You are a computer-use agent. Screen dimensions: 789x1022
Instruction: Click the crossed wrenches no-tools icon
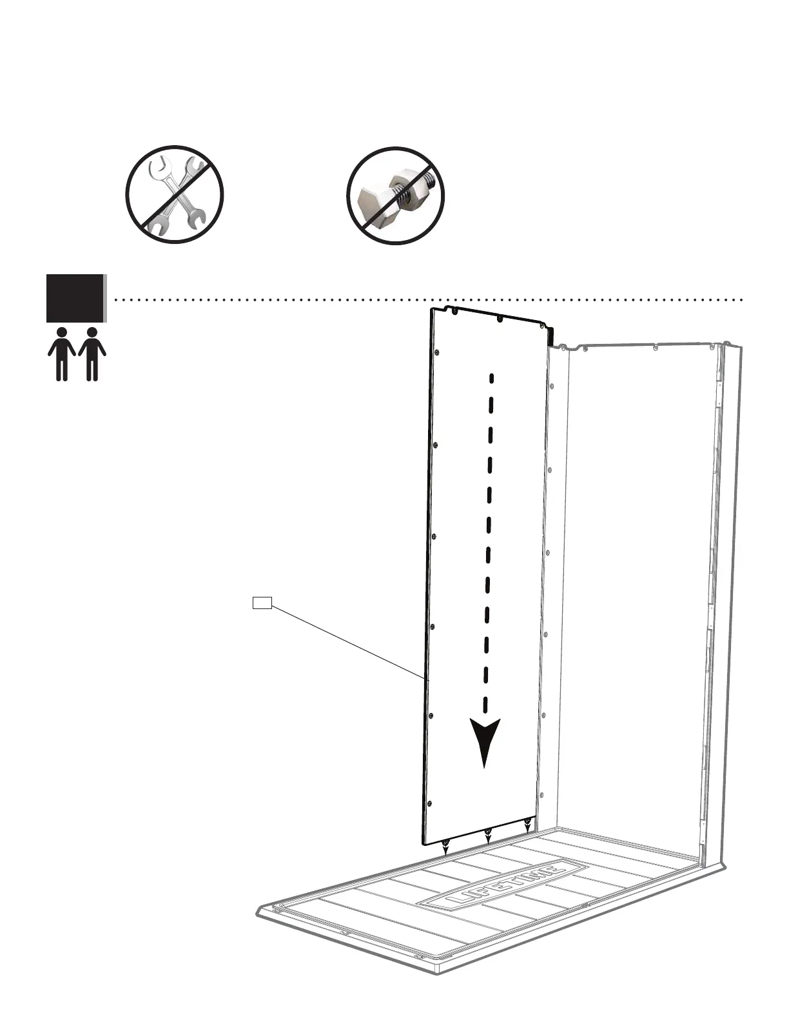click(174, 194)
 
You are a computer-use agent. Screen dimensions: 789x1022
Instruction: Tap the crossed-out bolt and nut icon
click(395, 195)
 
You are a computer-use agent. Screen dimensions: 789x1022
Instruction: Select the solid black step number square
click(75, 297)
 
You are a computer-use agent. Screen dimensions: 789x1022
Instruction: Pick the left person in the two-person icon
click(62, 354)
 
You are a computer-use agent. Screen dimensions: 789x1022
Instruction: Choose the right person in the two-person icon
click(92, 354)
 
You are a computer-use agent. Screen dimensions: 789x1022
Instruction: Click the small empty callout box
click(262, 603)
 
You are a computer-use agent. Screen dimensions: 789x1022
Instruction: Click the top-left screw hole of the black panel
click(454, 311)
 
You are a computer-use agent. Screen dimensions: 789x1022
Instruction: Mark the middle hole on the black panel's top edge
click(500, 318)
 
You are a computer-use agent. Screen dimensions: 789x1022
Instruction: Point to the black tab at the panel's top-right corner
click(551, 336)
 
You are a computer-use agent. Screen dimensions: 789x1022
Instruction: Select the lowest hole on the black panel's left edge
click(430, 803)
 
